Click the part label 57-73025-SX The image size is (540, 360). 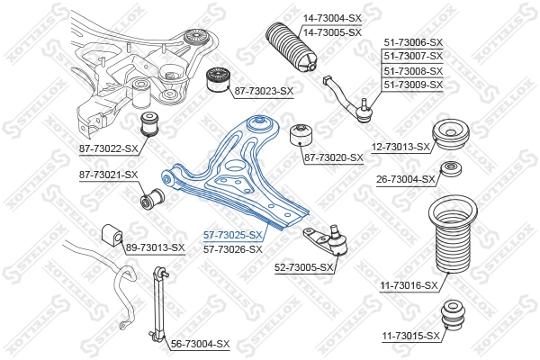[x=233, y=236]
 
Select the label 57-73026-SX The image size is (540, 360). [x=233, y=249]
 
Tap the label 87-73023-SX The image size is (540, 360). [x=265, y=92]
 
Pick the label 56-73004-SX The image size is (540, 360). [x=201, y=345]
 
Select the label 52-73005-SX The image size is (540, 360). [x=304, y=267]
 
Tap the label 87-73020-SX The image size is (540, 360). [x=333, y=157]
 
